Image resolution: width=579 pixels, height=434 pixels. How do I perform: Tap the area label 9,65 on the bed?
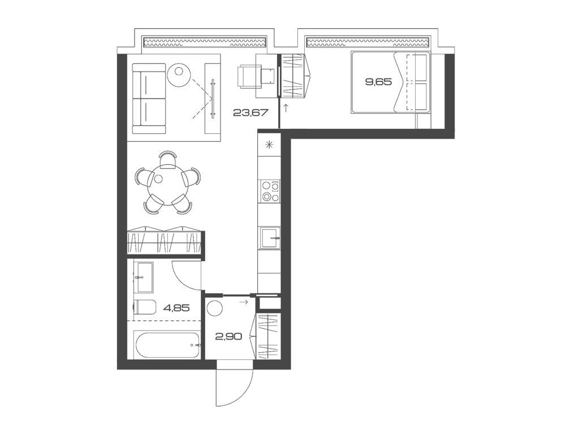[x=378, y=82]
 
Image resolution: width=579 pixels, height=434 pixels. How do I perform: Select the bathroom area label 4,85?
[x=176, y=308]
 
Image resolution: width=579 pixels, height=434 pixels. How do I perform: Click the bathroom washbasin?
[x=143, y=277]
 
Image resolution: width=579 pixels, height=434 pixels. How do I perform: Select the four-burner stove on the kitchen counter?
[x=269, y=191]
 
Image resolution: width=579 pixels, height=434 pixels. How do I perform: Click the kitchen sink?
[x=269, y=238]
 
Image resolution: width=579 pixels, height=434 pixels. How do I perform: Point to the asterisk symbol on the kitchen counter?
[x=269, y=144]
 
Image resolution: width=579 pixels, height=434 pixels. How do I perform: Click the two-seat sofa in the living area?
[x=149, y=98]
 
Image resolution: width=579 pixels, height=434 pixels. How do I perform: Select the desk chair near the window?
[x=248, y=76]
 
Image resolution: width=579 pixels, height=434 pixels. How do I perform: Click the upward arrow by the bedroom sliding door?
[x=287, y=107]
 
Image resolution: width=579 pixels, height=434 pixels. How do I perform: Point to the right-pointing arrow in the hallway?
[x=244, y=303]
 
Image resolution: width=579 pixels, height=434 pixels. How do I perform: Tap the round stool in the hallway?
[x=215, y=309]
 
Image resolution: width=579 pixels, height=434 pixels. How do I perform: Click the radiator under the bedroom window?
[x=369, y=42]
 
